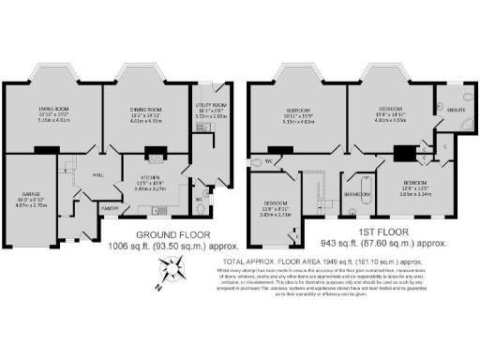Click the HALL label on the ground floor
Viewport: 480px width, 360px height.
pos(97,173)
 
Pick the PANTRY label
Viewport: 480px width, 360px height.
pos(110,209)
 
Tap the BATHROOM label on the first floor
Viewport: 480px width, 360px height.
pos(356,195)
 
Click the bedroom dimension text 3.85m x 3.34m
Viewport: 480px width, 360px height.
pos(415,196)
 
